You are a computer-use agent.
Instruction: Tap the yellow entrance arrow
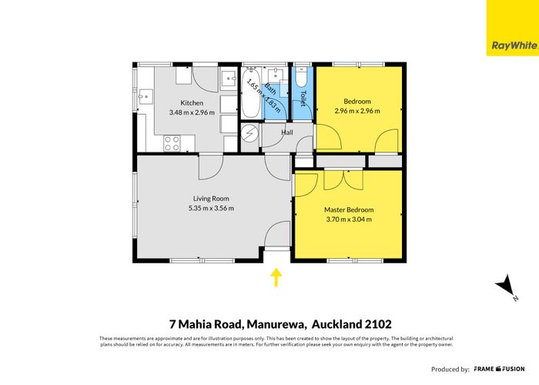276,276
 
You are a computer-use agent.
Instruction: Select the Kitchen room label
192,102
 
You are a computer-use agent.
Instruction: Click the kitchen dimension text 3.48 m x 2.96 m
192,112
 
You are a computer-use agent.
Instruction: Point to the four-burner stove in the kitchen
172,142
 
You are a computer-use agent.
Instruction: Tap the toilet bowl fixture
301,79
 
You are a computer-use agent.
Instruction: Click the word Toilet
304,99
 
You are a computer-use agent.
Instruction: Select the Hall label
287,132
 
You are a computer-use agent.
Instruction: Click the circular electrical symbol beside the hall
250,133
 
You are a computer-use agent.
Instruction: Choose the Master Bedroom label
348,209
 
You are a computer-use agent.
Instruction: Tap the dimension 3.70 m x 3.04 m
348,219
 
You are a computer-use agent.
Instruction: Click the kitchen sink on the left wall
143,97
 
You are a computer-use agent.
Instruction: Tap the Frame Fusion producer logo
500,369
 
